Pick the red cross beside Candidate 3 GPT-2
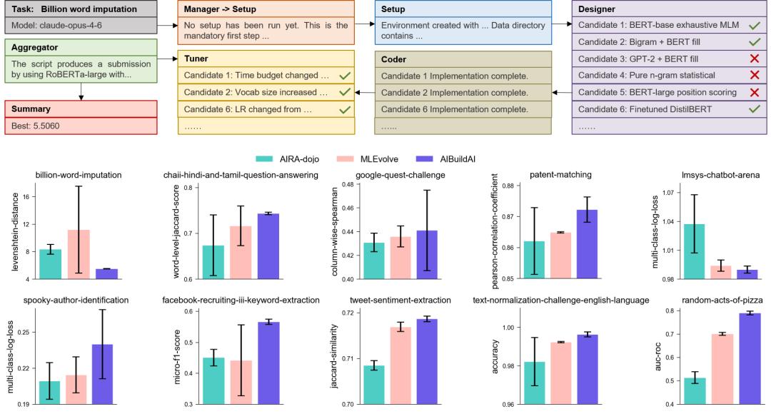[x=754, y=59]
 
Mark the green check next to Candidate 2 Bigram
[x=754, y=42]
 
